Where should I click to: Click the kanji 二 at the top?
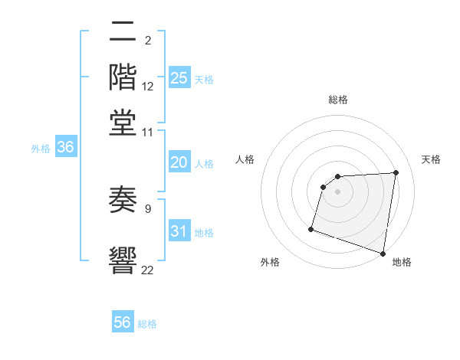(123, 33)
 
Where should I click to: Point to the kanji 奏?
(123, 200)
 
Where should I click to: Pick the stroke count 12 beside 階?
(148, 87)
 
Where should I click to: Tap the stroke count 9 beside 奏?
(147, 207)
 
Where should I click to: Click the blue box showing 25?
(179, 78)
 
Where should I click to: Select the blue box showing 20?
(179, 162)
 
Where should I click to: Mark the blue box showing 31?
(179, 232)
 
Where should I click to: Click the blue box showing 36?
(65, 148)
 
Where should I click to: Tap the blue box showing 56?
(123, 322)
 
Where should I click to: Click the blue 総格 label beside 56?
(147, 324)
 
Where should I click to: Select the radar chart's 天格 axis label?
(432, 159)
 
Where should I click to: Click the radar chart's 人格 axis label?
(245, 159)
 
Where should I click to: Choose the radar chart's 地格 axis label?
(402, 262)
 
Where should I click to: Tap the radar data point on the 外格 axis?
(311, 228)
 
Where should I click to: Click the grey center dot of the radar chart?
(337, 192)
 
